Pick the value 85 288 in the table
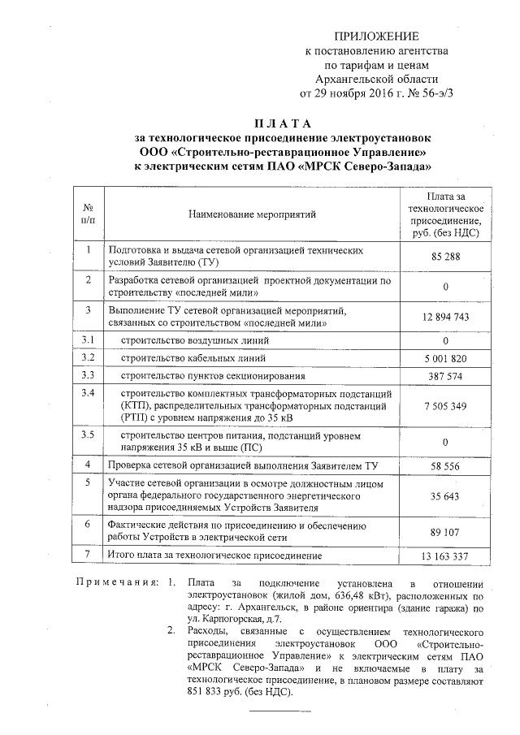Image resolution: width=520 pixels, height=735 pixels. click(445, 257)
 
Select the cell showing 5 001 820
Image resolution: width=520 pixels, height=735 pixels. click(445, 358)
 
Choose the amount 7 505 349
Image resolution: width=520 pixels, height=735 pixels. click(445, 405)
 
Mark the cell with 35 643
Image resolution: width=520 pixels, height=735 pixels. click(445, 495)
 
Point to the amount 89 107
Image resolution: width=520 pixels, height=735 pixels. click(445, 533)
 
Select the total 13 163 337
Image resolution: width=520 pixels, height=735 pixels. click(445, 556)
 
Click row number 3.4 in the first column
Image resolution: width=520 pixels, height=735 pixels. click(89, 394)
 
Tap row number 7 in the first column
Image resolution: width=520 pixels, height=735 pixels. click(89, 554)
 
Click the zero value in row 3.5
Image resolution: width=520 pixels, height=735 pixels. click(445, 443)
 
